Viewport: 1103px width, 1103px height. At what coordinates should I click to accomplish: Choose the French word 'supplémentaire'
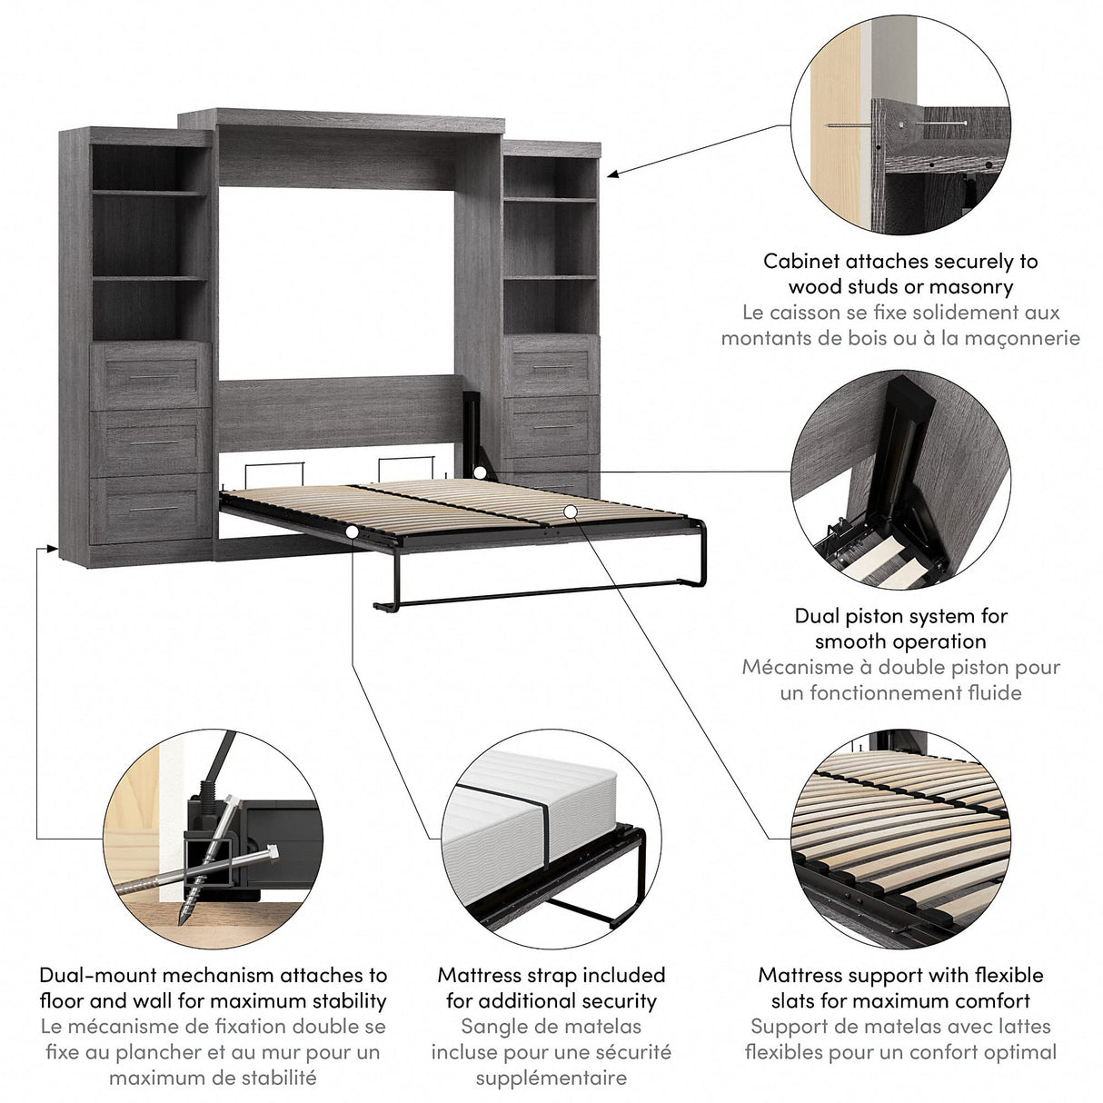[551, 1078]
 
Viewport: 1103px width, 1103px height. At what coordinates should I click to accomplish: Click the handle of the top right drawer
[549, 368]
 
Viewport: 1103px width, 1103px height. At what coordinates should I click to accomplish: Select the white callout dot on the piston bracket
[479, 472]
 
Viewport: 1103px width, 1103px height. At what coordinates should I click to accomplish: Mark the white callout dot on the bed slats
[569, 512]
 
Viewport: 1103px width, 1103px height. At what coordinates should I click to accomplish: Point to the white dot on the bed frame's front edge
[352, 531]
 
